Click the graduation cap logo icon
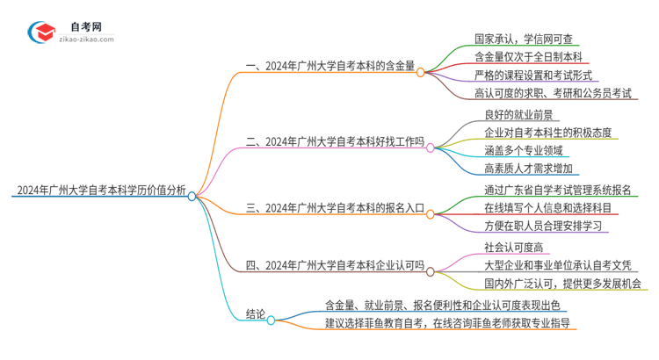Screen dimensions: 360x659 click(x=42, y=32)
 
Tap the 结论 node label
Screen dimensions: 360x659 click(x=256, y=315)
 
